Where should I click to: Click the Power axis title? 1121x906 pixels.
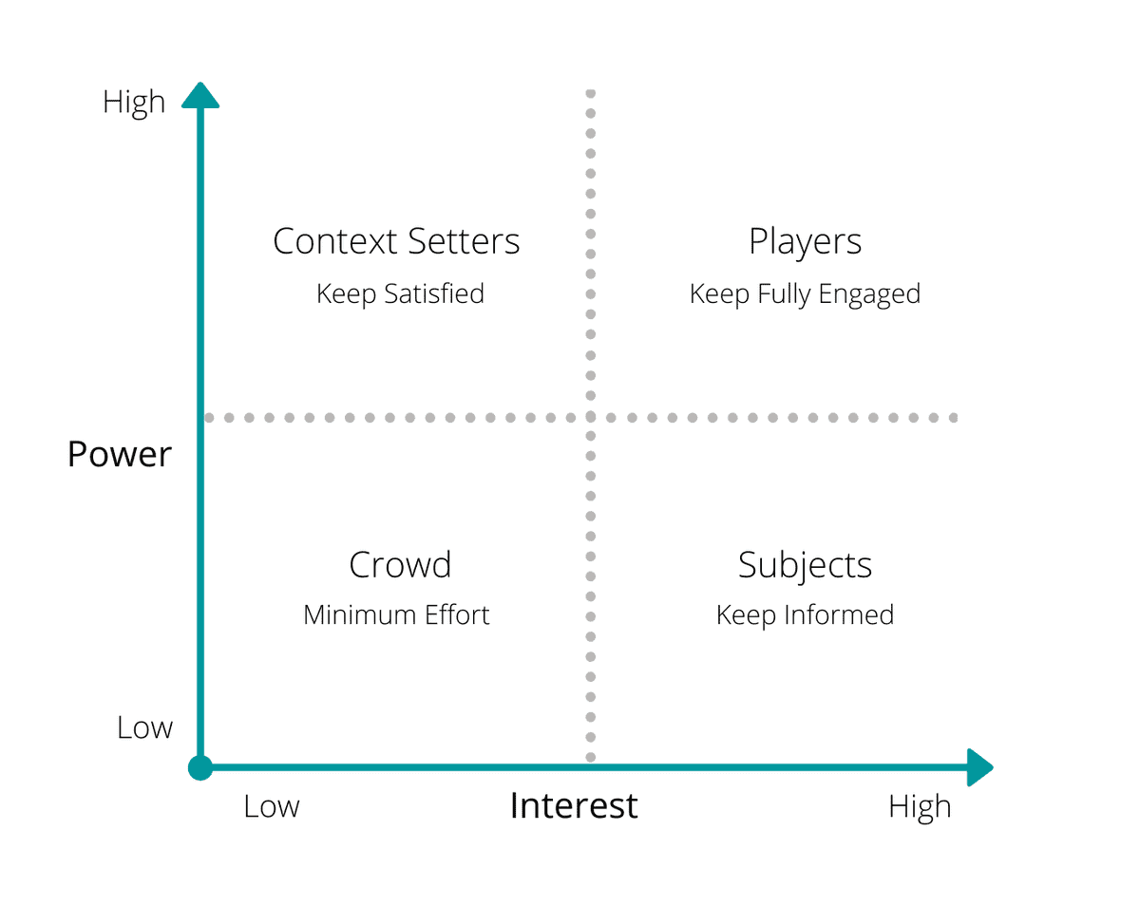pos(120,455)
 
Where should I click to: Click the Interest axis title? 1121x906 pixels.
pos(574,805)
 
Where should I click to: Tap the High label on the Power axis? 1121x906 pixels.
pos(134,103)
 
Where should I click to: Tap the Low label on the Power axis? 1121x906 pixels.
pos(144,727)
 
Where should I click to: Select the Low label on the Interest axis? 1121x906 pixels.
pos(272,806)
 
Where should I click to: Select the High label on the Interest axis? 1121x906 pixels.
pos(919,806)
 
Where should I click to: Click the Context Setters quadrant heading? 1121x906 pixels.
pos(396,241)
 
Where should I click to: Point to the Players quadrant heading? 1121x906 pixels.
pos(805,242)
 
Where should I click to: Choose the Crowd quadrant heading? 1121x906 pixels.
pos(400,565)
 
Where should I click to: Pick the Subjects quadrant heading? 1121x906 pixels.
pos(805,566)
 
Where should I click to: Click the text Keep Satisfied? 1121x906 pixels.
pos(400,293)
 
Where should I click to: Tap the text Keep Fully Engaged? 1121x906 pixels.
pos(805,294)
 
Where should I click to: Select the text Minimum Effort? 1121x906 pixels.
pos(396,615)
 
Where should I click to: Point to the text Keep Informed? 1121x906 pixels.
pos(805,615)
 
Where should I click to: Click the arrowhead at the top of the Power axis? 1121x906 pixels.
pos(199,96)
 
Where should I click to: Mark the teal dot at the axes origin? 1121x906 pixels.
pos(199,767)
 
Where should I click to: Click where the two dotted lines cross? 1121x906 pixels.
pos(591,417)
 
